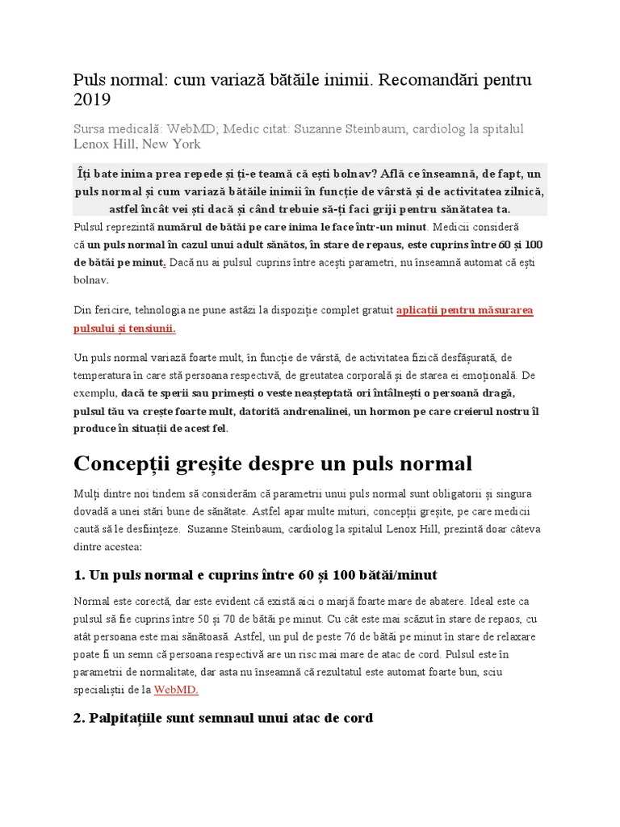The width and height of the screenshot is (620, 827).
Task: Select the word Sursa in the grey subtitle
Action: point(93,129)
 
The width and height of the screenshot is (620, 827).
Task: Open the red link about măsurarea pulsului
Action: point(465,310)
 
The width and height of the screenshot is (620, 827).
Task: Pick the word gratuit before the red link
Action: point(372,310)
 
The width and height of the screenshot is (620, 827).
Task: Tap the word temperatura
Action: point(105,376)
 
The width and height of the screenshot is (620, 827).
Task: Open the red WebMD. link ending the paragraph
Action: point(176,689)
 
